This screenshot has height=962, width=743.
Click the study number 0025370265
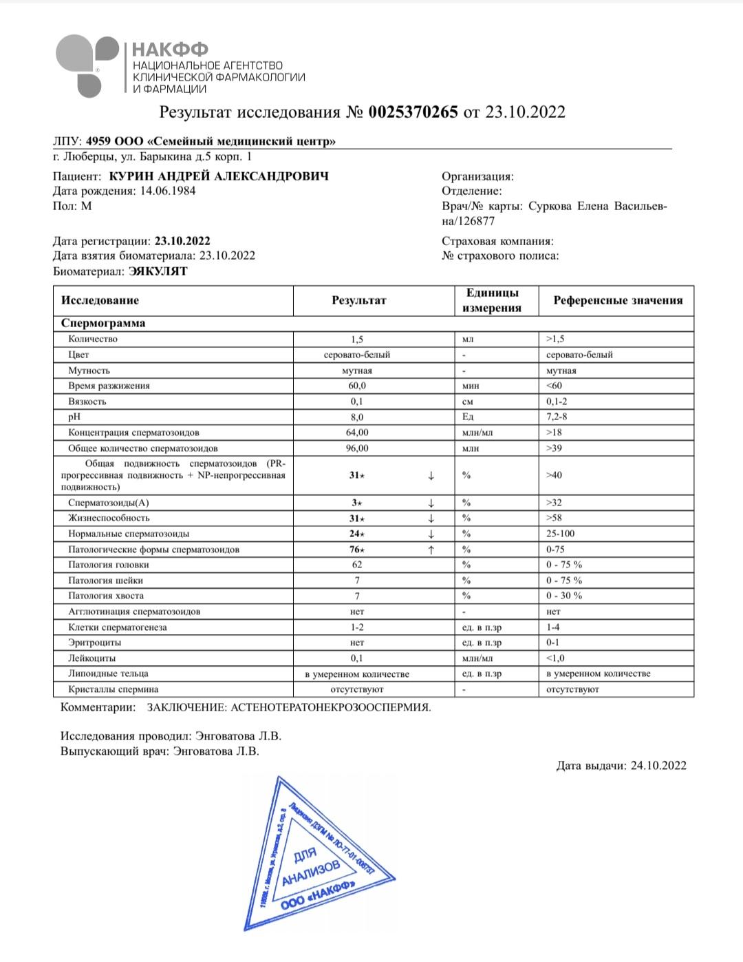click(x=413, y=112)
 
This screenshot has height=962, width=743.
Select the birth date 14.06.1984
click(x=168, y=191)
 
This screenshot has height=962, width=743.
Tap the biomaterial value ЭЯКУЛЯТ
click(x=158, y=271)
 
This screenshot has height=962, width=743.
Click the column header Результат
click(x=358, y=300)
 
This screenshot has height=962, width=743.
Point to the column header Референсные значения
click(x=618, y=300)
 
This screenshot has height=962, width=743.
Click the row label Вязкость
click(x=87, y=401)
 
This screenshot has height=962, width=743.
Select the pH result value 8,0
click(x=357, y=417)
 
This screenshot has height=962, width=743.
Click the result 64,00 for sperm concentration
click(x=357, y=432)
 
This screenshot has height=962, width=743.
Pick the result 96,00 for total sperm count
click(x=357, y=448)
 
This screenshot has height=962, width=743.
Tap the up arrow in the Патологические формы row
click(x=431, y=550)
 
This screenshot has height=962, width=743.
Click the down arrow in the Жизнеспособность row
click(x=431, y=518)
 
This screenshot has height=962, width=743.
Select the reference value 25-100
click(x=561, y=534)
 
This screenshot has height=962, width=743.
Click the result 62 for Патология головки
click(x=357, y=565)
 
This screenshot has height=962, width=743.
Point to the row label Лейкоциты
click(x=91, y=658)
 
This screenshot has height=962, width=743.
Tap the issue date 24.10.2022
click(x=658, y=765)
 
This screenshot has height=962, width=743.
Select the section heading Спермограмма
click(x=103, y=323)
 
